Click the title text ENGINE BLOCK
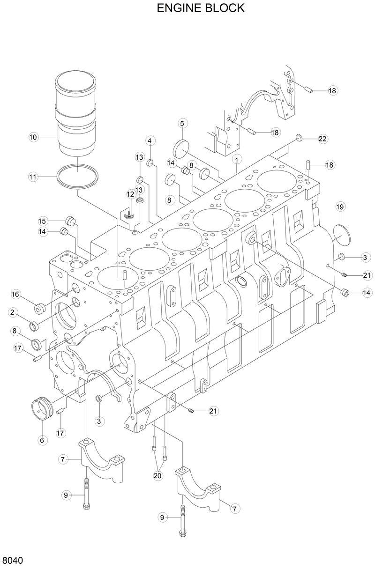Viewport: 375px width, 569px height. [201, 8]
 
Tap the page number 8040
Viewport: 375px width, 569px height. [13, 561]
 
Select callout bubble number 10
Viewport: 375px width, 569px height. [33, 137]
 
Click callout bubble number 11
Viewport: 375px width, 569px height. [33, 177]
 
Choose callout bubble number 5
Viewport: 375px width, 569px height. [182, 124]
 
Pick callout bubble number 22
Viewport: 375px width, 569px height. [322, 139]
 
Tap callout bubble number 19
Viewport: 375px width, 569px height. [340, 207]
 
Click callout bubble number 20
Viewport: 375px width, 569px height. [157, 476]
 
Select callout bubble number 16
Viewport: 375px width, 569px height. [15, 294]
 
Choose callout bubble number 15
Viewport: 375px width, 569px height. [43, 221]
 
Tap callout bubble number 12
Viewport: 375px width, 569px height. [130, 194]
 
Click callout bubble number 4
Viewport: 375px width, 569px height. [150, 140]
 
